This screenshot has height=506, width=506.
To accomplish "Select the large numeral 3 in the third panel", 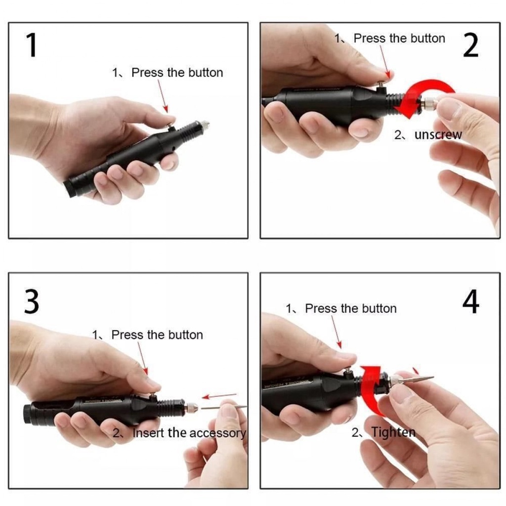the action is click(31, 302).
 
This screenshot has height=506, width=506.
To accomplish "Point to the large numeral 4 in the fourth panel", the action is click(471, 302).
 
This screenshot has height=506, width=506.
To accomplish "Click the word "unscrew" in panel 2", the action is click(438, 135).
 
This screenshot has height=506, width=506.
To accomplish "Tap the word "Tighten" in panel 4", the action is click(393, 432).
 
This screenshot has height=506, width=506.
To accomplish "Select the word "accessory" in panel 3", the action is click(217, 433).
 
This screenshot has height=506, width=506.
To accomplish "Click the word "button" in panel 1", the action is click(206, 72).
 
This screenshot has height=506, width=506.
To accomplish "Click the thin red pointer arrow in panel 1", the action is click(163, 96).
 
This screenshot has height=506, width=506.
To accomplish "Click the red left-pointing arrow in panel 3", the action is click(219, 396).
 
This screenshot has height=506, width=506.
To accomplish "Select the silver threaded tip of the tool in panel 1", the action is click(205, 124).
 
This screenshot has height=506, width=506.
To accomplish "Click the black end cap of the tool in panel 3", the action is click(29, 414).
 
